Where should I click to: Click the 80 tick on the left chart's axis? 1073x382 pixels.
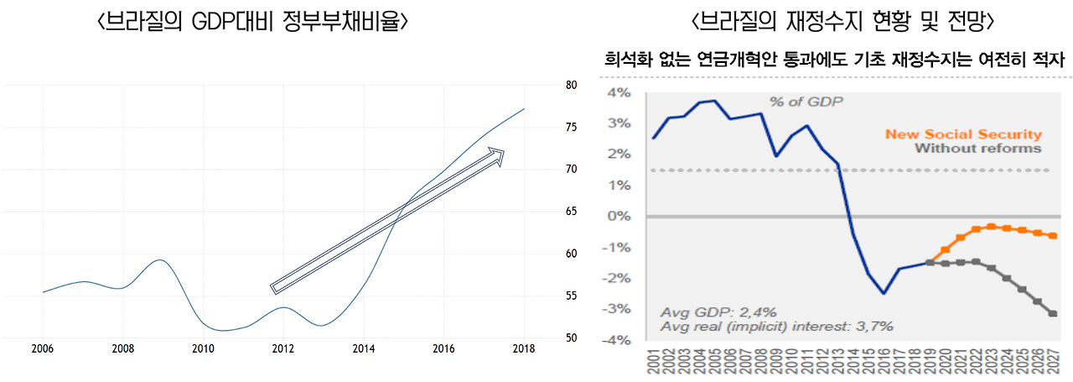click(571, 85)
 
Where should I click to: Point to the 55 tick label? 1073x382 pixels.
click(571, 296)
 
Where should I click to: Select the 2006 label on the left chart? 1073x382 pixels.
click(43, 349)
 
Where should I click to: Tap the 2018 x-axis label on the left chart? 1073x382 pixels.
click(524, 349)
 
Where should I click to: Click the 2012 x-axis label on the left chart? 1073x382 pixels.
click(283, 349)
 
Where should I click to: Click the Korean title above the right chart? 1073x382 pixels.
click(831, 60)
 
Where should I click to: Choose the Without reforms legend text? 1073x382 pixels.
click(977, 149)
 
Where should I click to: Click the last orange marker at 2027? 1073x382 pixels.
click(1053, 236)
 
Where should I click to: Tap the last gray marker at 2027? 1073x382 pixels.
click(1053, 313)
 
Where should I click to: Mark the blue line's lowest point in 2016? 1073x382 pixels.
click(884, 293)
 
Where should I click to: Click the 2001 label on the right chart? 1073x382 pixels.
click(653, 363)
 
